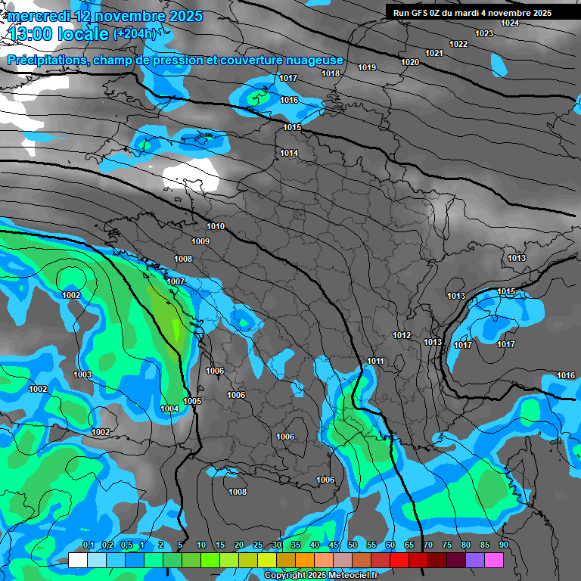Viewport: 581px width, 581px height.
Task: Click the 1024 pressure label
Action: [510, 23]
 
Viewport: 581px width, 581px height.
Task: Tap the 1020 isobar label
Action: [410, 62]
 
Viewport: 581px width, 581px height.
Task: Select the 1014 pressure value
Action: [289, 154]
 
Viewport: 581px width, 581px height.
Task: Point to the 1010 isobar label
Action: [216, 226]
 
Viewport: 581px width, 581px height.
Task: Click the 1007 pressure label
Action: [176, 281]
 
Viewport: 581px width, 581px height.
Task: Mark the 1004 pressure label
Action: [169, 409]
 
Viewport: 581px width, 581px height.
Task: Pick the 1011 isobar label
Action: [375, 361]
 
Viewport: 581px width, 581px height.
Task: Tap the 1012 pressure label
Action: [402, 335]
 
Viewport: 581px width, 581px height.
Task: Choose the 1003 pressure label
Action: [82, 374]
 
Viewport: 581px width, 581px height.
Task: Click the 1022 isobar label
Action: [458, 44]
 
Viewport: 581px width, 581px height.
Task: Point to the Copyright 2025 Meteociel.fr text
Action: [321, 575]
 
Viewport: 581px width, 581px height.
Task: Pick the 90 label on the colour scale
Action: [503, 545]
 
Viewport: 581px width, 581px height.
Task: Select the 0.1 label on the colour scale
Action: [88, 545]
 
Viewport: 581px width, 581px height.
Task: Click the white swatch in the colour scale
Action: [78, 560]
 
